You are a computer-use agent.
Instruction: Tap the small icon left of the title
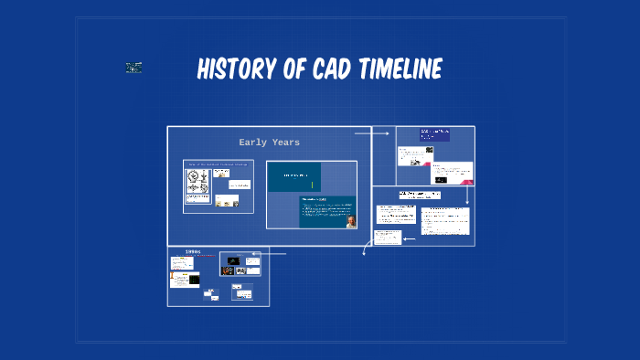tap(133, 68)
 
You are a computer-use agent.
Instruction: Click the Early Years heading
tap(269, 143)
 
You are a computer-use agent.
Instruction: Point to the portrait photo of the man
tap(351, 221)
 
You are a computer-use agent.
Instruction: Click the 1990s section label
tap(193, 251)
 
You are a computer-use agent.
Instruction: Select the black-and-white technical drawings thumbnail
tap(198, 186)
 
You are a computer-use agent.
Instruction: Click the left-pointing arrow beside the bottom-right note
tap(409, 238)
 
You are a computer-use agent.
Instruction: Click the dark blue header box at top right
tap(435, 134)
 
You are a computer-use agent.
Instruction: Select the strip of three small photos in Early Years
tap(227, 201)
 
